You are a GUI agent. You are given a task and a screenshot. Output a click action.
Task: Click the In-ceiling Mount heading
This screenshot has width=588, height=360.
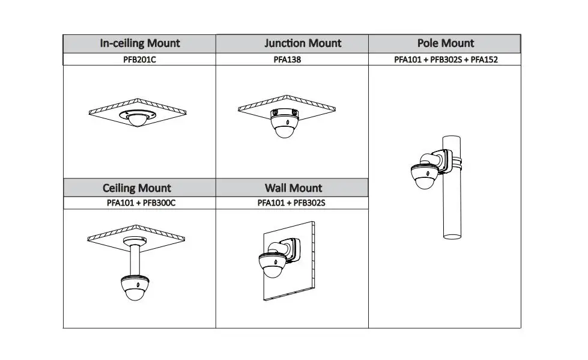tap(139, 43)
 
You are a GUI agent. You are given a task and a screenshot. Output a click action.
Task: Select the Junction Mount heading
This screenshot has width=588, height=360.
tap(303, 43)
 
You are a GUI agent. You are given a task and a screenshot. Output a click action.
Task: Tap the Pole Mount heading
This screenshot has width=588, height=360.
tap(445, 43)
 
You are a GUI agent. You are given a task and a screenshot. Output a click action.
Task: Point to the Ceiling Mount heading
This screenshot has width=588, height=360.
tap(137, 188)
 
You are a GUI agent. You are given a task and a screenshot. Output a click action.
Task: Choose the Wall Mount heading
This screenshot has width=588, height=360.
tap(293, 188)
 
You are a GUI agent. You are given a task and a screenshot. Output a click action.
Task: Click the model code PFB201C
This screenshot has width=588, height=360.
tap(139, 59)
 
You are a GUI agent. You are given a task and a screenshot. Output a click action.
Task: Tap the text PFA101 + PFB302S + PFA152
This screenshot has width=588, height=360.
tap(446, 59)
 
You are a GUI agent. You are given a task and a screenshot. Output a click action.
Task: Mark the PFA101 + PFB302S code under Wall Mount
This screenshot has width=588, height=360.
tap(291, 203)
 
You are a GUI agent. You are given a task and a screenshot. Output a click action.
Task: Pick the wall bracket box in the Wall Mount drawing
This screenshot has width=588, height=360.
tap(293, 249)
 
